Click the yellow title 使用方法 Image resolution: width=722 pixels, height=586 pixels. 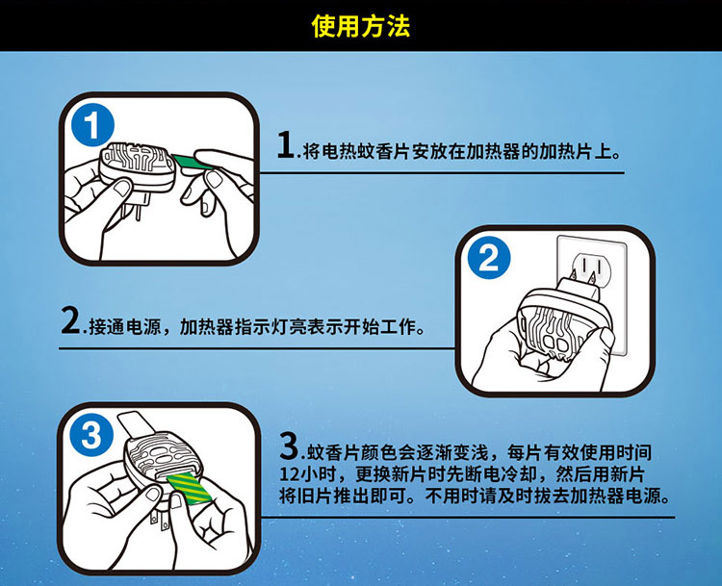[x=361, y=26]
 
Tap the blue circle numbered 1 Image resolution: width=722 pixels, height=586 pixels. [x=92, y=125]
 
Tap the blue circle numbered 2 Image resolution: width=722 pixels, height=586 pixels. [x=488, y=258]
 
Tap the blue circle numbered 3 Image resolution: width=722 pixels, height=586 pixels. [x=90, y=435]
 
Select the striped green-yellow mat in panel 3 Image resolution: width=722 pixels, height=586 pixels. [x=189, y=488]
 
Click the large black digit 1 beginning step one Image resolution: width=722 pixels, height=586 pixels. [x=286, y=144]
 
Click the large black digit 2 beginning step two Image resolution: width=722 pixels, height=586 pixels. [x=70, y=319]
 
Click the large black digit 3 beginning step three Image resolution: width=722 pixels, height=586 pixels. [x=289, y=446]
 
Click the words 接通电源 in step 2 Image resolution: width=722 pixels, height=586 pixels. [x=125, y=326]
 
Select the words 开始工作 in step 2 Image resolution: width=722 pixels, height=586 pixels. [x=379, y=326]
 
